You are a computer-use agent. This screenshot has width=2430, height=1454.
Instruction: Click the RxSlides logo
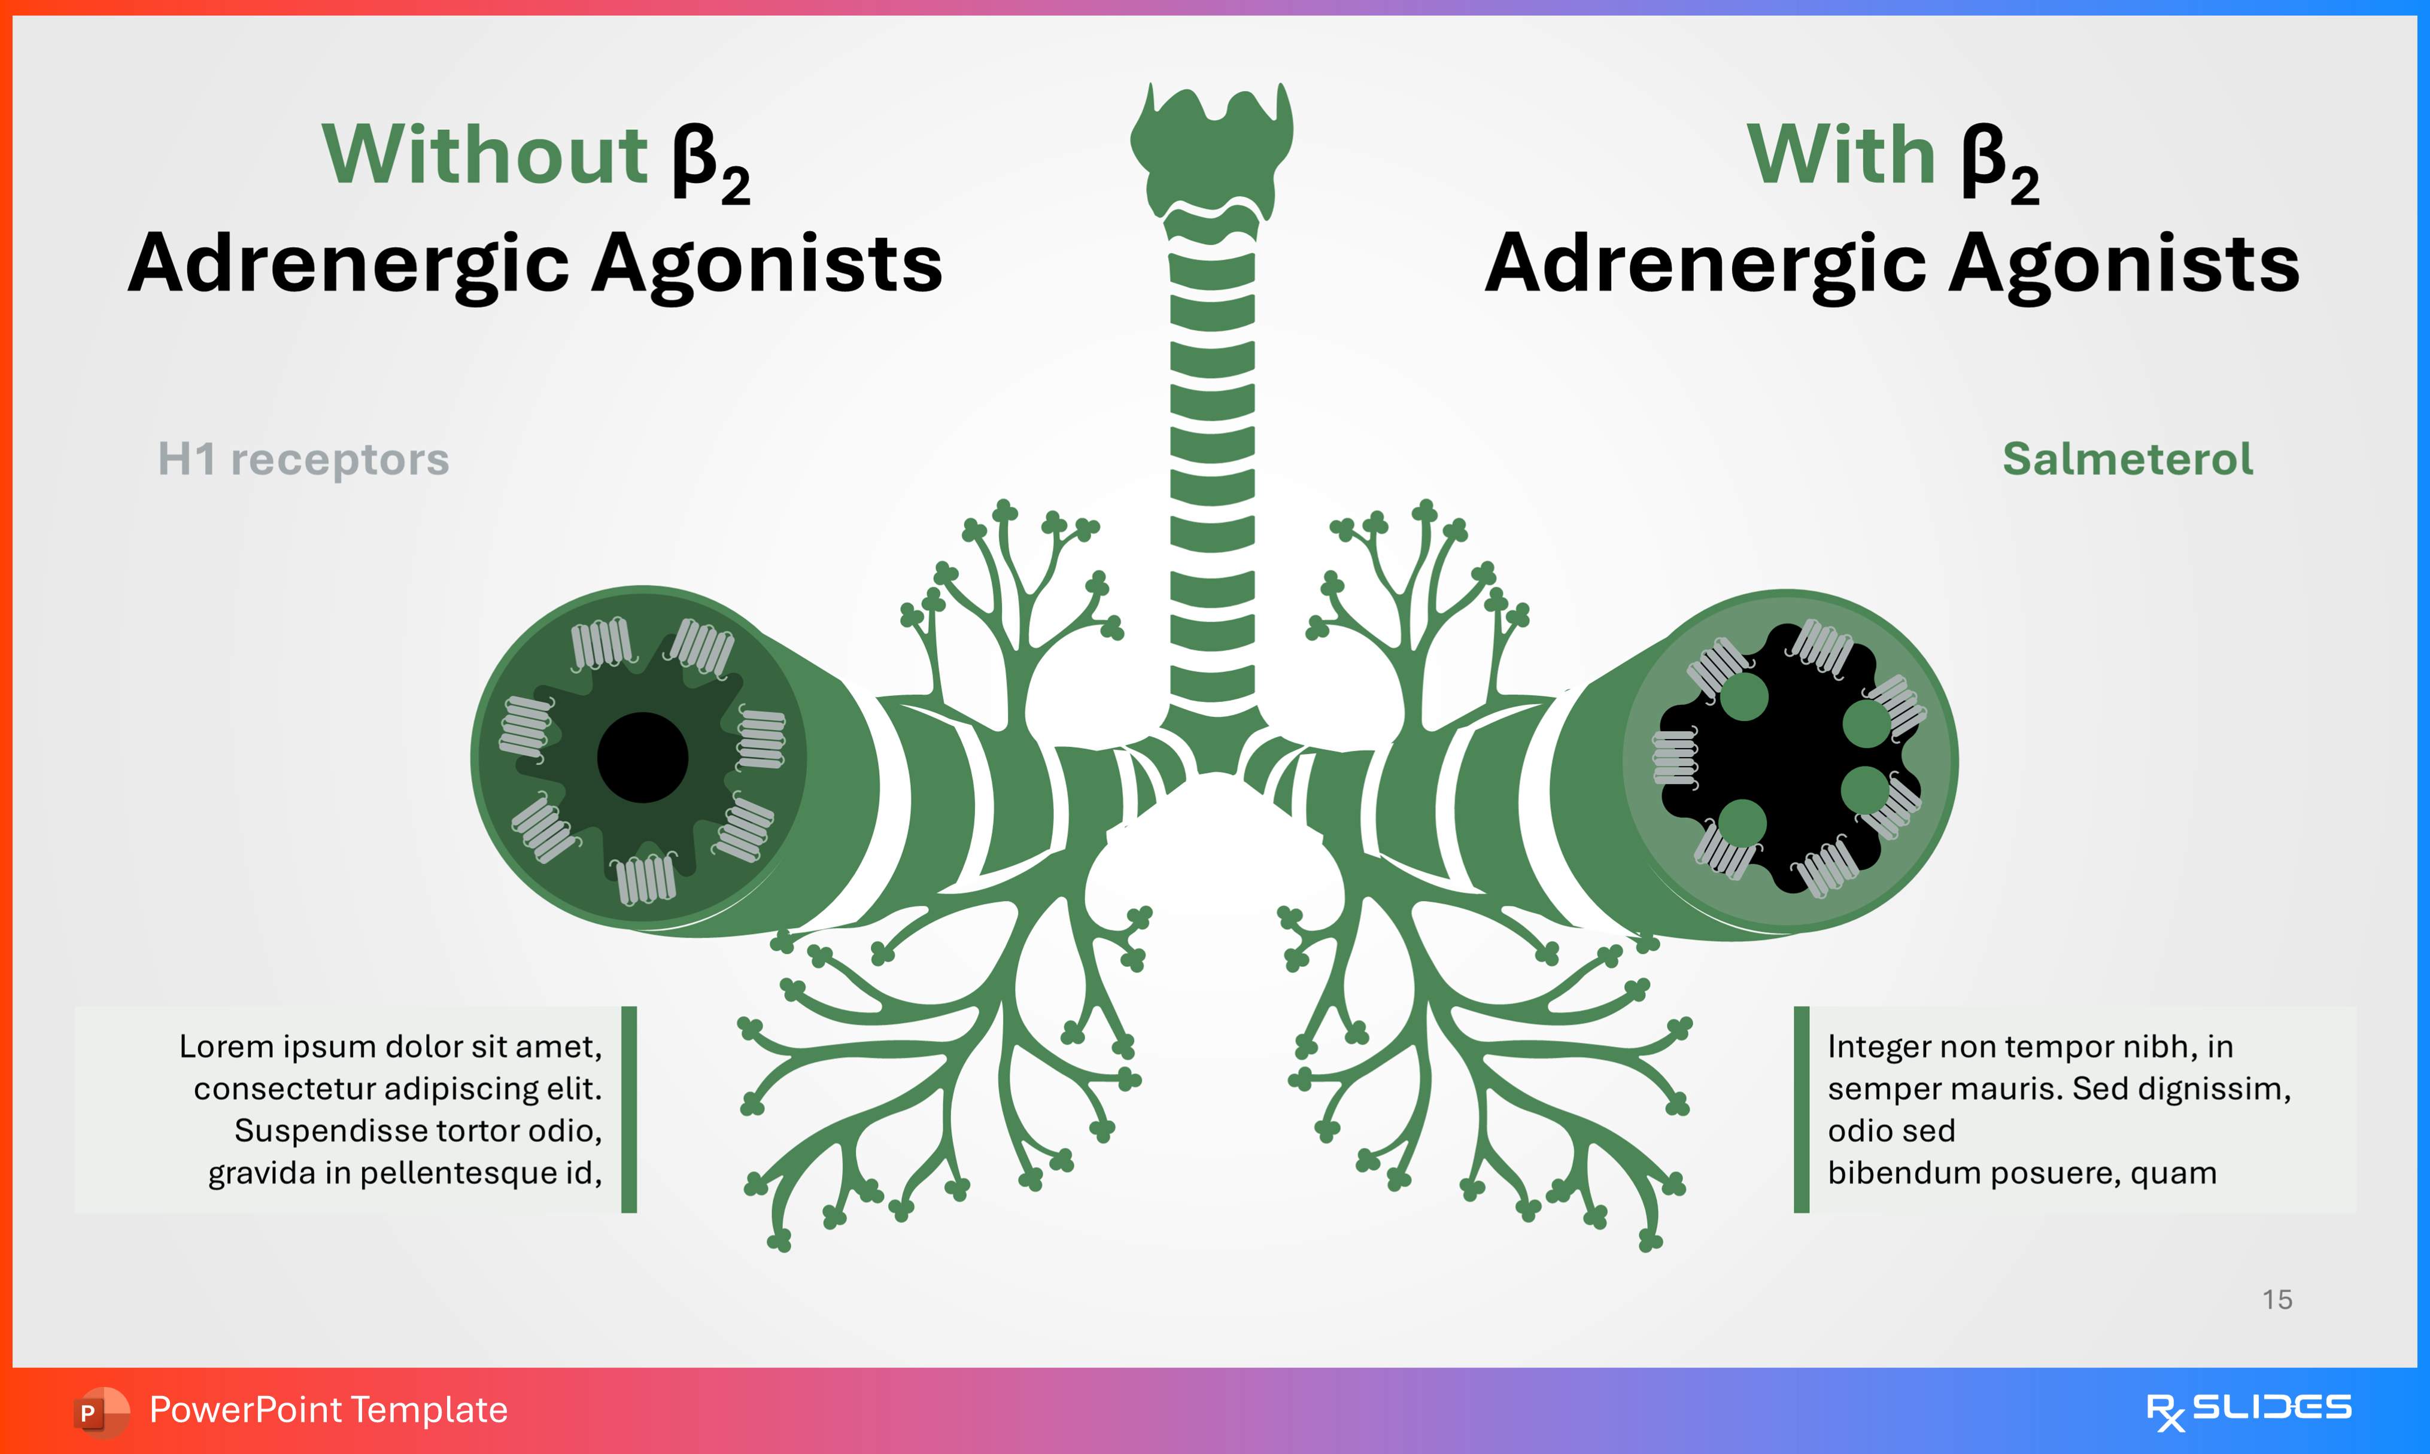tap(2248, 1410)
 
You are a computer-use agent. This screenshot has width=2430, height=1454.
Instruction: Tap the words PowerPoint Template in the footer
tap(328, 1410)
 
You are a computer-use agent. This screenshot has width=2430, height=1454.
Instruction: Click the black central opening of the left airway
tap(643, 758)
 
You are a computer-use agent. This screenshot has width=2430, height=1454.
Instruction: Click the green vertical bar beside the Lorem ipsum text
tap(629, 1109)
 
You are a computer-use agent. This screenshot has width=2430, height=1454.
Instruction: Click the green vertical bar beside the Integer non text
tap(1801, 1109)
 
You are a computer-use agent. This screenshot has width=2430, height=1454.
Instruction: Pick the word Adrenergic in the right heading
tap(1706, 264)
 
